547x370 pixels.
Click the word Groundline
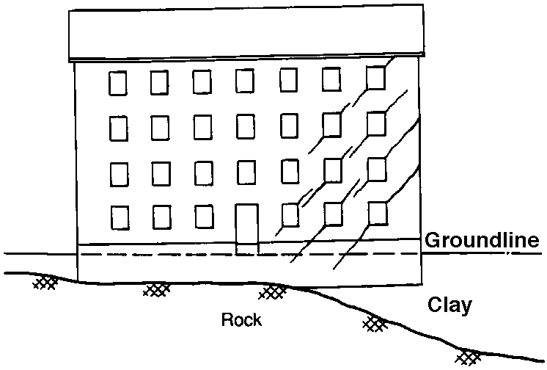pos(482,241)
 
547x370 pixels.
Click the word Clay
pos(449,305)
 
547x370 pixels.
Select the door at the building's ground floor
pos(246,228)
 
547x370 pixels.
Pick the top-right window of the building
pos(376,78)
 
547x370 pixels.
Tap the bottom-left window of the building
pos(119,217)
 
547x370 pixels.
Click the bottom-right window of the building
pos(378,212)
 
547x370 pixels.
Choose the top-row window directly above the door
pos(246,81)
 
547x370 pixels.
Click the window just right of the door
pos(290,214)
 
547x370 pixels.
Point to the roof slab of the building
pos(246,35)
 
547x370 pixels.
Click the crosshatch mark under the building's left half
pos(156,289)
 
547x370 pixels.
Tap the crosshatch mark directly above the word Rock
pos(273,293)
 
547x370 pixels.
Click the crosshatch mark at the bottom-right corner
pos(468,357)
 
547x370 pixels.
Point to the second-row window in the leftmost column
pos(118,128)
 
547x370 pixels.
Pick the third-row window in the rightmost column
pos(377,168)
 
